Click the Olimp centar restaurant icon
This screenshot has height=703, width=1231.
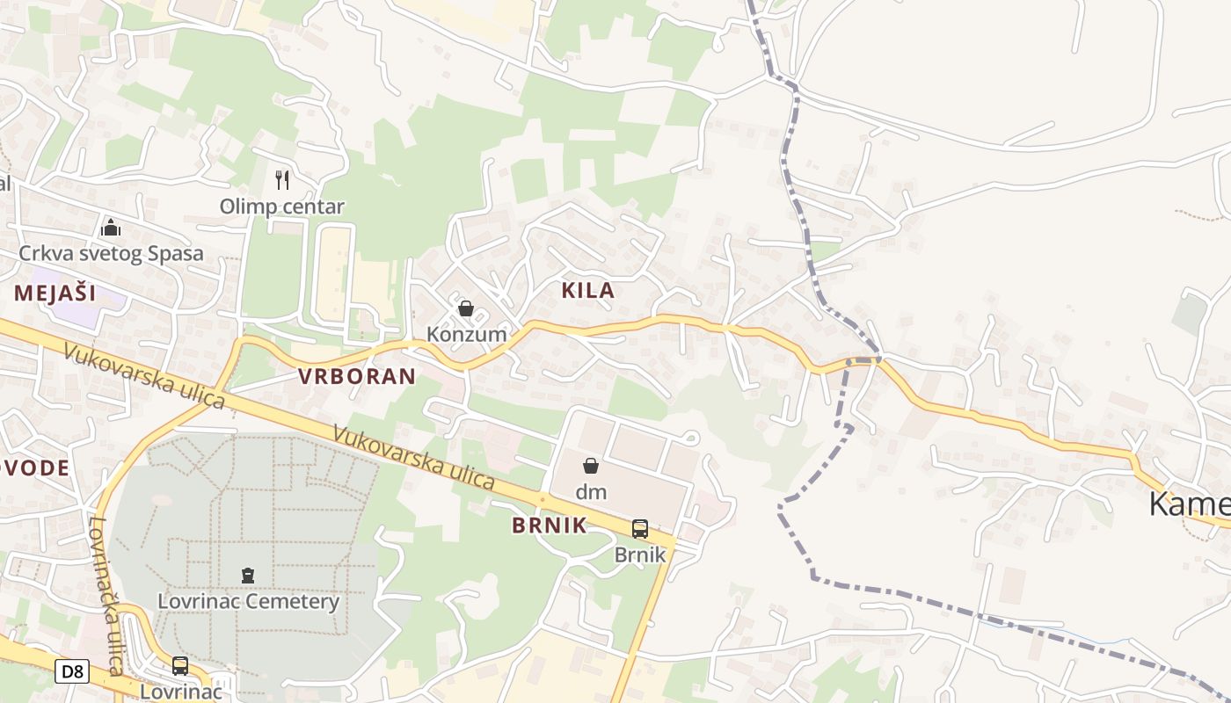pyautogui.click(x=282, y=180)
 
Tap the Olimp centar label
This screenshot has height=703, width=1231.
pyautogui.click(x=281, y=207)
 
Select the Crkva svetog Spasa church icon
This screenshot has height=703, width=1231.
pyautogui.click(x=111, y=228)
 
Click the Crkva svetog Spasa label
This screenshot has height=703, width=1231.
pyautogui.click(x=112, y=254)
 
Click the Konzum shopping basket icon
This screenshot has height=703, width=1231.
pyautogui.click(x=466, y=308)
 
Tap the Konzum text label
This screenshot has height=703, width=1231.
pyautogui.click(x=467, y=334)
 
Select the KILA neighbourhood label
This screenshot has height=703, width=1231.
pyautogui.click(x=588, y=291)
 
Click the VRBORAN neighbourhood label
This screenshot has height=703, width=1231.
pyautogui.click(x=356, y=377)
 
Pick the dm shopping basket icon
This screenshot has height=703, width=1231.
pyautogui.click(x=591, y=466)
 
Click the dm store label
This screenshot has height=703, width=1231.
pyautogui.click(x=591, y=492)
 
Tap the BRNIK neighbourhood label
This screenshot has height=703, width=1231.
pyautogui.click(x=550, y=525)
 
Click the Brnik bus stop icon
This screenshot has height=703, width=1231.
pyautogui.click(x=640, y=529)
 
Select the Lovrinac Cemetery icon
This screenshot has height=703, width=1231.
pyautogui.click(x=248, y=576)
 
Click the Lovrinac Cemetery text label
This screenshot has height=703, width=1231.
pyautogui.click(x=248, y=602)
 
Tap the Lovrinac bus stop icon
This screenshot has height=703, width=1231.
pyautogui.click(x=180, y=666)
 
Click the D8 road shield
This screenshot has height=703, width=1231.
pyautogui.click(x=72, y=672)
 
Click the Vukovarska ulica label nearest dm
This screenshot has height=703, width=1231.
pyautogui.click(x=414, y=458)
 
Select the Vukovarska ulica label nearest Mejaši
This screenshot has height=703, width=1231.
pyautogui.click(x=144, y=375)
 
